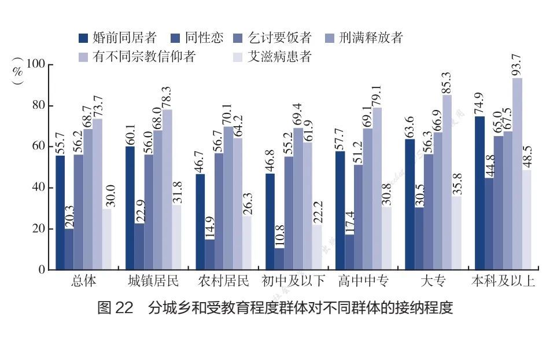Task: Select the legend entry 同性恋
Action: (197, 38)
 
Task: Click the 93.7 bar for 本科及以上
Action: (517, 174)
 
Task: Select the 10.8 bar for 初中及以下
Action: (280, 259)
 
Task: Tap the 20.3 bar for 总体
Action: (69, 249)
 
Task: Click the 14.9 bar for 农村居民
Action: (209, 255)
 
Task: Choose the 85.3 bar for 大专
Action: (447, 182)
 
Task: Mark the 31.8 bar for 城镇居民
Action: (176, 237)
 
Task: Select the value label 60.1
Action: (130, 133)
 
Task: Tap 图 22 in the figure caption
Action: (116, 307)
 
